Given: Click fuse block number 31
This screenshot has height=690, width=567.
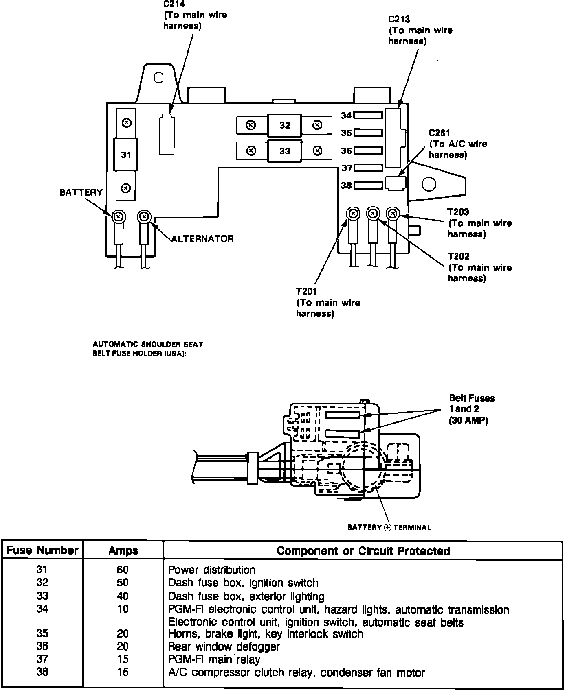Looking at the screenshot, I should coord(126,155).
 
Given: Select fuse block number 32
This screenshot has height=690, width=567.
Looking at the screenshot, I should coord(285,125).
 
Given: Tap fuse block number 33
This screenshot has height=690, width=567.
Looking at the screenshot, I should coord(285,151).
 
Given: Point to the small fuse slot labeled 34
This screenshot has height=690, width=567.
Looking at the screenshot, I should coord(368,116).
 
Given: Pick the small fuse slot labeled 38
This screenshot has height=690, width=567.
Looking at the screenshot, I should coord(368,186).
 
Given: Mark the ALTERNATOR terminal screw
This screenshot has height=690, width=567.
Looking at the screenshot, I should coord(143,216).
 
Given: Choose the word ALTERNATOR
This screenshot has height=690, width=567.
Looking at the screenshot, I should coord(202,239).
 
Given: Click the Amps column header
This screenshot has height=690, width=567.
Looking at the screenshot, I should coord(123,551).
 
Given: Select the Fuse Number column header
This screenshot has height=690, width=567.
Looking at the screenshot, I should coord(42,550).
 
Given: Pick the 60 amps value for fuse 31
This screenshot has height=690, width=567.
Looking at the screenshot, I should coord(123,570).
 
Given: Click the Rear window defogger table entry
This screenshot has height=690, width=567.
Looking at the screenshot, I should coord(224,646).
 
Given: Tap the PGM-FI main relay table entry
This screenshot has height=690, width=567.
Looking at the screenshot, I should coord(214,659).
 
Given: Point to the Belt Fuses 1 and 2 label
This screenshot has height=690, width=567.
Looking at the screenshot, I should coord(472,409).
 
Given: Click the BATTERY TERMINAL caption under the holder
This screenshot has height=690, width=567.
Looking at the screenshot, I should coord(389,528).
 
